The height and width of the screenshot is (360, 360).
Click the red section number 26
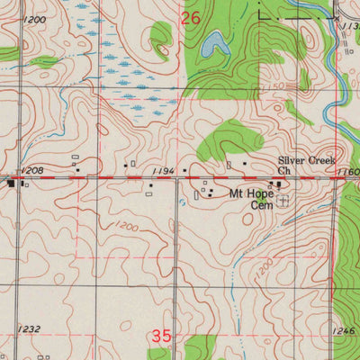point(191,18)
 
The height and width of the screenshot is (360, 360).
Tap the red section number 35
point(161,336)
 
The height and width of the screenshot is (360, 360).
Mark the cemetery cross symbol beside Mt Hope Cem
point(283,202)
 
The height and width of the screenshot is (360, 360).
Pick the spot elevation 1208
point(31,170)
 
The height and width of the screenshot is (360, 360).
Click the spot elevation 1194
point(163,170)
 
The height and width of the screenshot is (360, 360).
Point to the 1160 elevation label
point(350,171)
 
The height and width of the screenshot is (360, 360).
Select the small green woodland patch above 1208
point(42,62)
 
